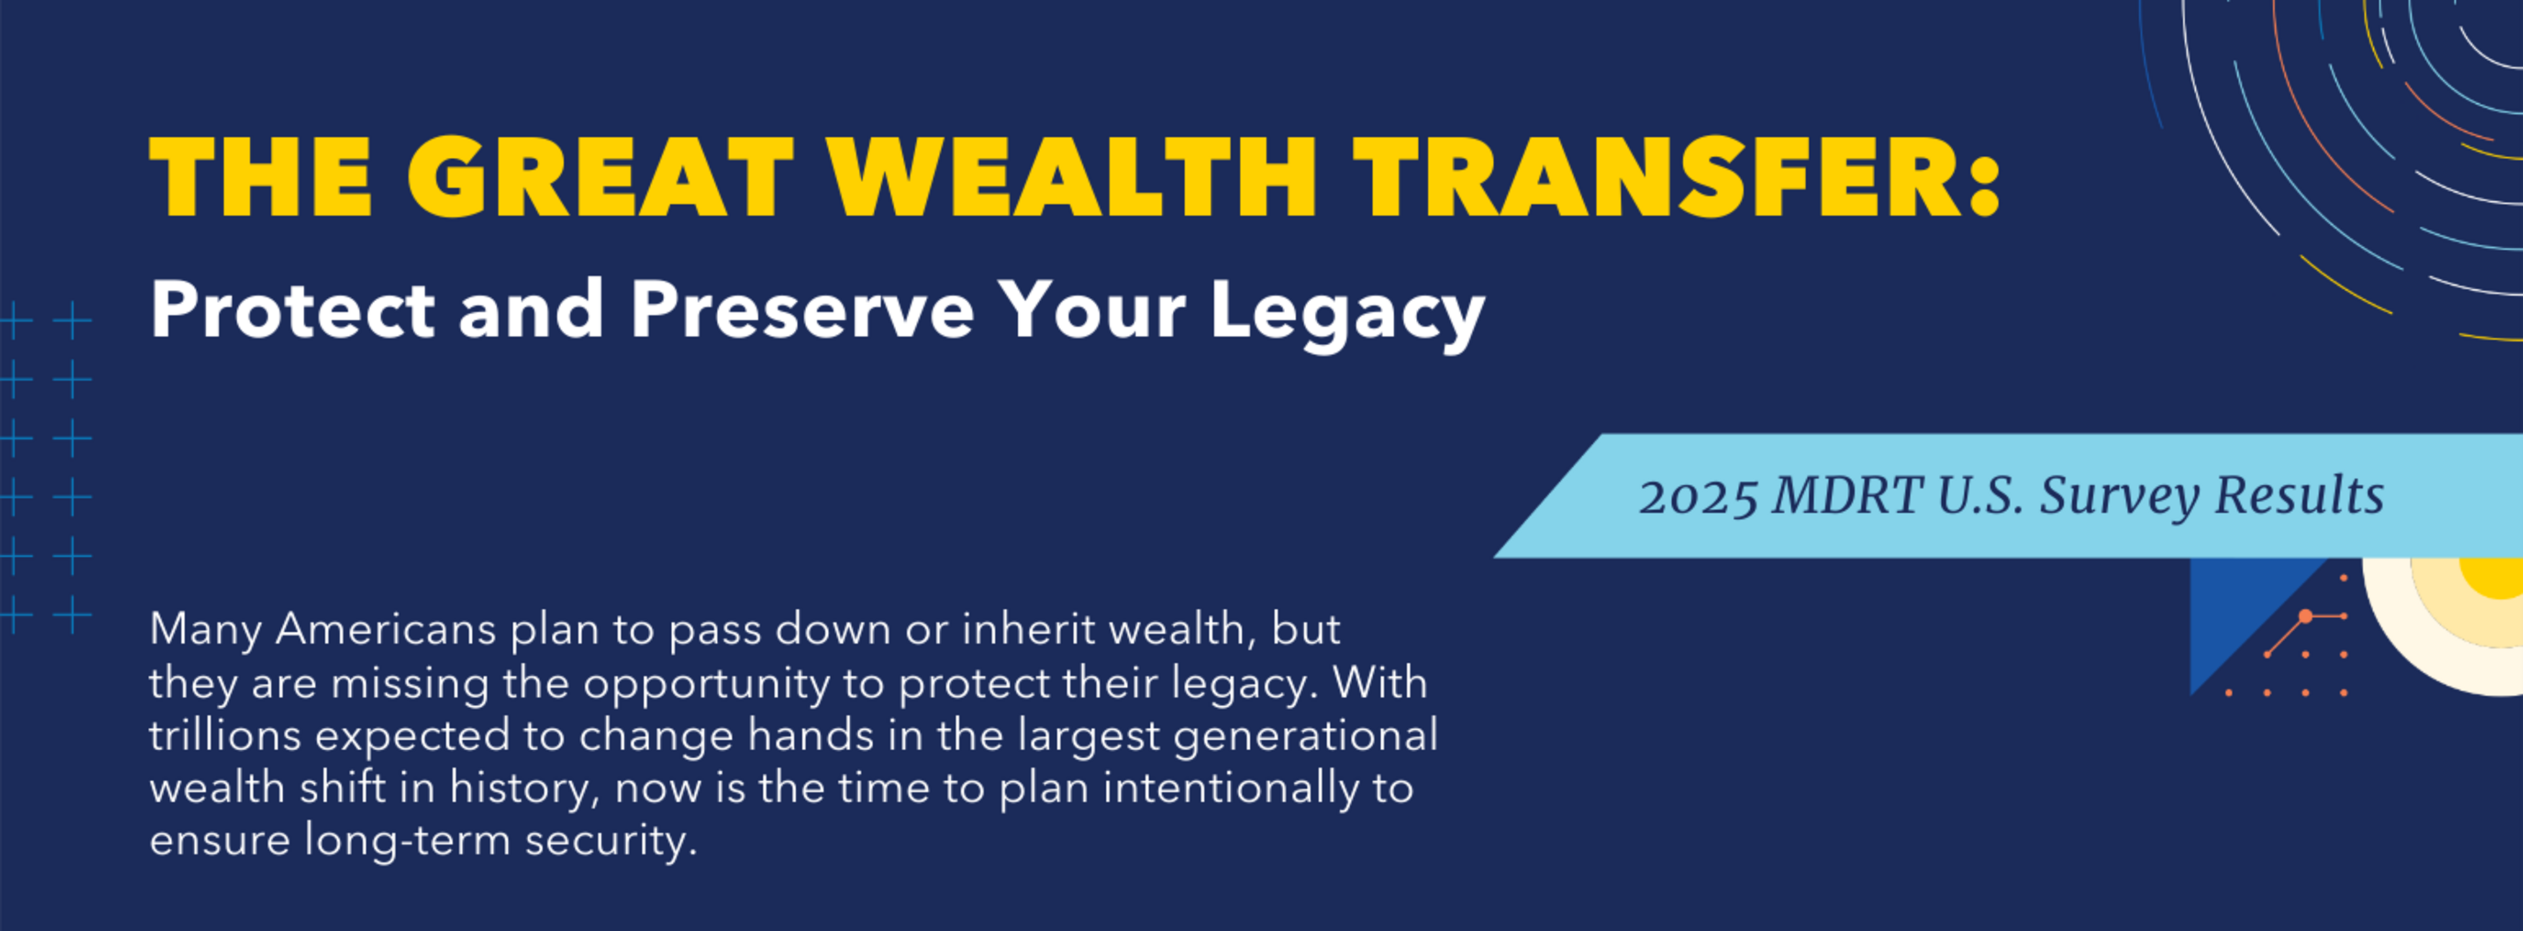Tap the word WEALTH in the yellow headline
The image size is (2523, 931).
click(1072, 178)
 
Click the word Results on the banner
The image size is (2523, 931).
click(2300, 495)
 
